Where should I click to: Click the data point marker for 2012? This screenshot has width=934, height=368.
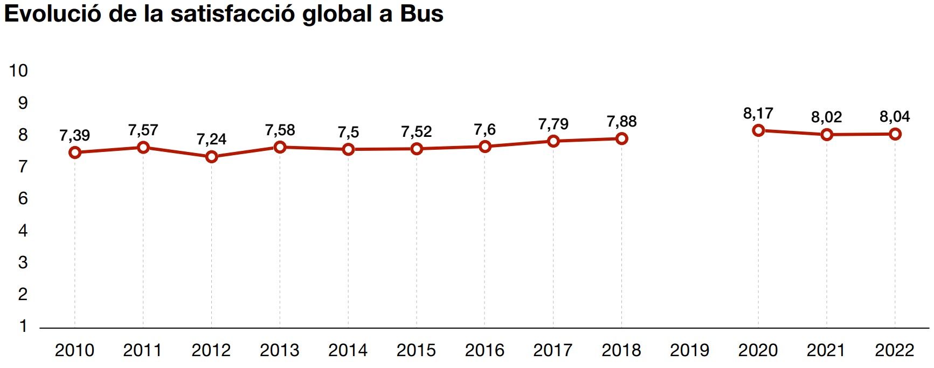pos(211,157)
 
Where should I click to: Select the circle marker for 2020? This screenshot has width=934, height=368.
pos(758,130)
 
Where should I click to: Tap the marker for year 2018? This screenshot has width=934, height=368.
pos(621,138)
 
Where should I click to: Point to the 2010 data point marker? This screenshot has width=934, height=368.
pos(75,152)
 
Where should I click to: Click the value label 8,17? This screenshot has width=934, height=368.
pos(758,113)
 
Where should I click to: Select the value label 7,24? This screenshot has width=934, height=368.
pos(211,139)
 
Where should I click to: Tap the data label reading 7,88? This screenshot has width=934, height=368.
pos(621,121)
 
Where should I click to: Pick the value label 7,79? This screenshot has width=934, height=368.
pos(553,124)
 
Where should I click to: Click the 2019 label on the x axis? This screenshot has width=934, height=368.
pos(689,350)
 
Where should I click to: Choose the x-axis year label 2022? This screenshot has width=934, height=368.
pos(894,350)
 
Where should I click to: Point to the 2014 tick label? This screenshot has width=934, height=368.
pos(348,350)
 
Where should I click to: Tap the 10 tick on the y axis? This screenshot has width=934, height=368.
pos(18,71)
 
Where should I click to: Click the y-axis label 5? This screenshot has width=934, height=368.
pos(23,231)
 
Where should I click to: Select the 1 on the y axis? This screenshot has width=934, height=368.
pos(23,326)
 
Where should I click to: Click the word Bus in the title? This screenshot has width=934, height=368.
pos(421,14)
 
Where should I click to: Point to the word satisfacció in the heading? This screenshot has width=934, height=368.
pos(233,14)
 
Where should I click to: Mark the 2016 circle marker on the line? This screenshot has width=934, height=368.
pos(485,147)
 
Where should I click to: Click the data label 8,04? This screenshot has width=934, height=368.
pos(894,116)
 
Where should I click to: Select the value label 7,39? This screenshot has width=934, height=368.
pos(74,135)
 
